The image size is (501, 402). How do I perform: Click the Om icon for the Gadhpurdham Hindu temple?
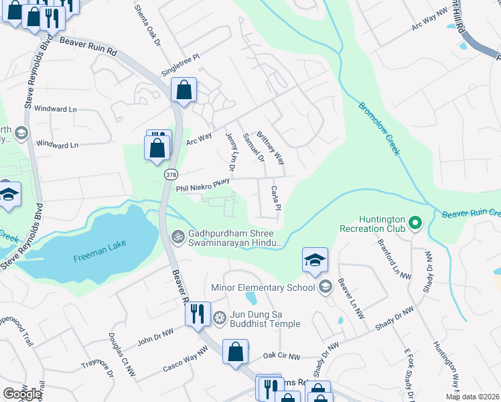click(x=177, y=236)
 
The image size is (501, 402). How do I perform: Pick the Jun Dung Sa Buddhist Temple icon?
click(x=218, y=317)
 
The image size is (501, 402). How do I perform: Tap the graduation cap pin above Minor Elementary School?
click(x=315, y=261)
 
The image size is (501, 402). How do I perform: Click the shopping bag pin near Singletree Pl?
click(x=184, y=90)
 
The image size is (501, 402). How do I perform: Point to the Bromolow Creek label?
click(x=379, y=129)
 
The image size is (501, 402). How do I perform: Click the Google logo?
click(x=22, y=394)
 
